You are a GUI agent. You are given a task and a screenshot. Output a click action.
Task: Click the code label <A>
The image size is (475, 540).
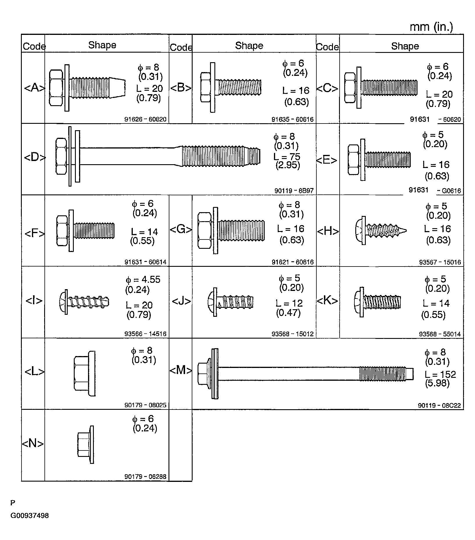point(34,87)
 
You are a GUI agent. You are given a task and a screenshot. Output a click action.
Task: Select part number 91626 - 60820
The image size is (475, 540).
point(145,119)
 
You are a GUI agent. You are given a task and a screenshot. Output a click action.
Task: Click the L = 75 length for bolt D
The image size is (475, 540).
point(287,157)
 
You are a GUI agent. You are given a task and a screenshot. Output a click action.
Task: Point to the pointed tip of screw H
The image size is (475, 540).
point(406,231)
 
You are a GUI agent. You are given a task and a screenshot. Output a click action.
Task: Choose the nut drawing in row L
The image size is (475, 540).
point(85,373)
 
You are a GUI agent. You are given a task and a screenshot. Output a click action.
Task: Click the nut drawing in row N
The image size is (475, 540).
point(86,445)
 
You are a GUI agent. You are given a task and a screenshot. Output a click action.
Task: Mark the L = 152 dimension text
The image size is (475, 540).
point(440,374)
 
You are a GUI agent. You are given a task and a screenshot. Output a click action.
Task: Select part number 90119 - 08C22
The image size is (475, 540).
point(440,406)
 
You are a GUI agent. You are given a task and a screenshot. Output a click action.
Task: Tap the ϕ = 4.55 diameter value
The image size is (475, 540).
point(143,280)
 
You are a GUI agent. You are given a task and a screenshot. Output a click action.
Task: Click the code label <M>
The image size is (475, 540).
point(181,370)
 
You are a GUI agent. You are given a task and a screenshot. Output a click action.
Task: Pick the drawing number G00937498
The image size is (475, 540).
point(30,524)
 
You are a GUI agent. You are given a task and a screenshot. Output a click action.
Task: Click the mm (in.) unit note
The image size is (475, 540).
point(431,27)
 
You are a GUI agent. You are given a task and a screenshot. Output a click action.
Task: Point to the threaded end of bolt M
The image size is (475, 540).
point(386,373)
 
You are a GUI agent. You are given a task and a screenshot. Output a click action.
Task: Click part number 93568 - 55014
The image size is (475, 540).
point(440,334)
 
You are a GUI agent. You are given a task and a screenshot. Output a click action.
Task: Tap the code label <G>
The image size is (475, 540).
point(181,230)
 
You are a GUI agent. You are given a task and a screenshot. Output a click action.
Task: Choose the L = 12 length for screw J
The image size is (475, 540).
point(289,303)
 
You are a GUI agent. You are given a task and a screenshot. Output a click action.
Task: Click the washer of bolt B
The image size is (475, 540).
point(213,87)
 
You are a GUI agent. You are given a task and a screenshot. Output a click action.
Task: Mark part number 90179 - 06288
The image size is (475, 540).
point(146,477)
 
